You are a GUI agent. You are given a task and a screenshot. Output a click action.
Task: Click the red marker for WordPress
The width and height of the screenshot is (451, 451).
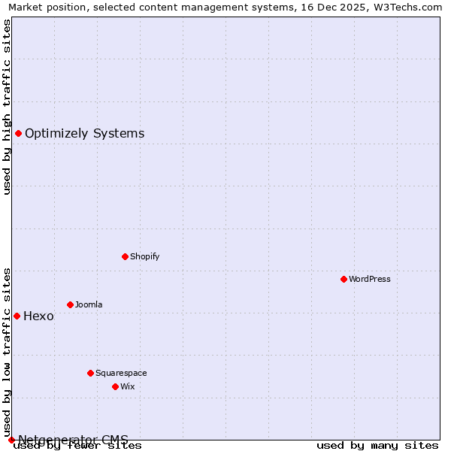(x=344, y=279)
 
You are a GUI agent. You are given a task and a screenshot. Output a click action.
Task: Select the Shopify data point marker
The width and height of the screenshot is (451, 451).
(x=125, y=256)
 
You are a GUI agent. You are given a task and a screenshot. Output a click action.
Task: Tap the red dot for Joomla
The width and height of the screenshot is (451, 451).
(x=70, y=304)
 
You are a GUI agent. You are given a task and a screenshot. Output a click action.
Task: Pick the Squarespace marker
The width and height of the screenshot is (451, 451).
(x=90, y=373)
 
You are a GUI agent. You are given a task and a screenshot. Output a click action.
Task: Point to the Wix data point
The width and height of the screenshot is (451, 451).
(x=115, y=386)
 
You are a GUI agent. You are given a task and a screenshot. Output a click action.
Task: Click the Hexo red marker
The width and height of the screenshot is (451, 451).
(x=17, y=316)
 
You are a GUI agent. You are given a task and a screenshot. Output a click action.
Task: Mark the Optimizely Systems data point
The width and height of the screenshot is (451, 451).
(x=18, y=133)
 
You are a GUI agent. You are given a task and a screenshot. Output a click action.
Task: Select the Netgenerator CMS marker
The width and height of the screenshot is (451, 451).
(x=11, y=440)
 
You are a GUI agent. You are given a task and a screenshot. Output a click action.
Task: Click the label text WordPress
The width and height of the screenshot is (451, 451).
(x=369, y=279)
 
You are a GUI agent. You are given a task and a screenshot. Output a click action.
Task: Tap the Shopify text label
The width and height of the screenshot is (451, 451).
(x=144, y=256)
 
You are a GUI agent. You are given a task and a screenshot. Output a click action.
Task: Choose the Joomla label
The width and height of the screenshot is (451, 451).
(x=89, y=304)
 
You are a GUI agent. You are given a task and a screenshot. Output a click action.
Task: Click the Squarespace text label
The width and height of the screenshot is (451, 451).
(x=121, y=373)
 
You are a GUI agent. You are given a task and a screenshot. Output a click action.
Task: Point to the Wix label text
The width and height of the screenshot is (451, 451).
(x=127, y=386)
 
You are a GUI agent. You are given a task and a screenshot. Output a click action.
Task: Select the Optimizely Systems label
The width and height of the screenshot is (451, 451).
(x=84, y=133)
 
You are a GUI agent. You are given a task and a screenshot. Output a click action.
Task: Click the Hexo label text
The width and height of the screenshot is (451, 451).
(x=38, y=316)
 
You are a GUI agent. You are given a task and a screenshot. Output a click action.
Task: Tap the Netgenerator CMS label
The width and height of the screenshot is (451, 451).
(x=73, y=440)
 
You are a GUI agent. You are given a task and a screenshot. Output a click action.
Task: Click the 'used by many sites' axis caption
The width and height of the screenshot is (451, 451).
(x=377, y=446)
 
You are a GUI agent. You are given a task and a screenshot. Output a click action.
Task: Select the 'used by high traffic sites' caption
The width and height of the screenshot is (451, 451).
(x=8, y=107)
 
